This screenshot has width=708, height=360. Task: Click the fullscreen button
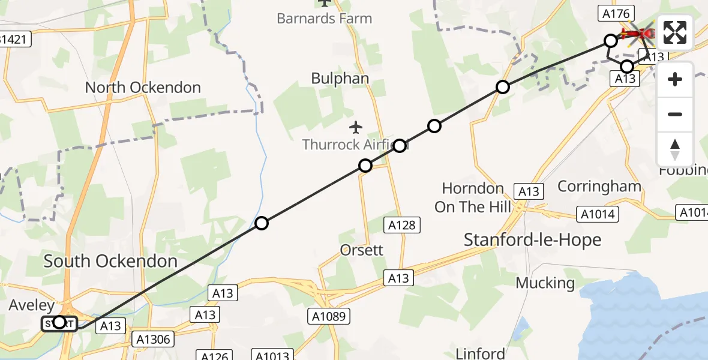click(x=675, y=32)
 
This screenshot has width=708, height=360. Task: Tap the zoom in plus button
click(x=675, y=79)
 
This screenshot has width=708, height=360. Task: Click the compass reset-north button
click(x=675, y=149)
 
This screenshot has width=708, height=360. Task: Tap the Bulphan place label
click(x=340, y=78)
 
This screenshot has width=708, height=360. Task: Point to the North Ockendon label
click(x=143, y=88)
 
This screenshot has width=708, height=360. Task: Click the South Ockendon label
click(x=110, y=261)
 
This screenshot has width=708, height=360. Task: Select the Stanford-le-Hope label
click(x=532, y=240)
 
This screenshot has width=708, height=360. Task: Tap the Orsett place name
click(x=361, y=250)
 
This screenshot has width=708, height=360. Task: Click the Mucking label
click(x=545, y=283)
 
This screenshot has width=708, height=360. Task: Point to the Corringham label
click(x=599, y=186)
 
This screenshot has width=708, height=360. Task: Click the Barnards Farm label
click(x=324, y=18)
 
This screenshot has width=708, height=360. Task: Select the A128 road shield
click(x=401, y=225)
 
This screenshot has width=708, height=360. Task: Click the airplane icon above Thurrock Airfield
click(x=356, y=127)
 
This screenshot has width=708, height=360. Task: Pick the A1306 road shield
click(x=153, y=340)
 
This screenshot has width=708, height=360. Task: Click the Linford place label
click(x=481, y=353)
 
